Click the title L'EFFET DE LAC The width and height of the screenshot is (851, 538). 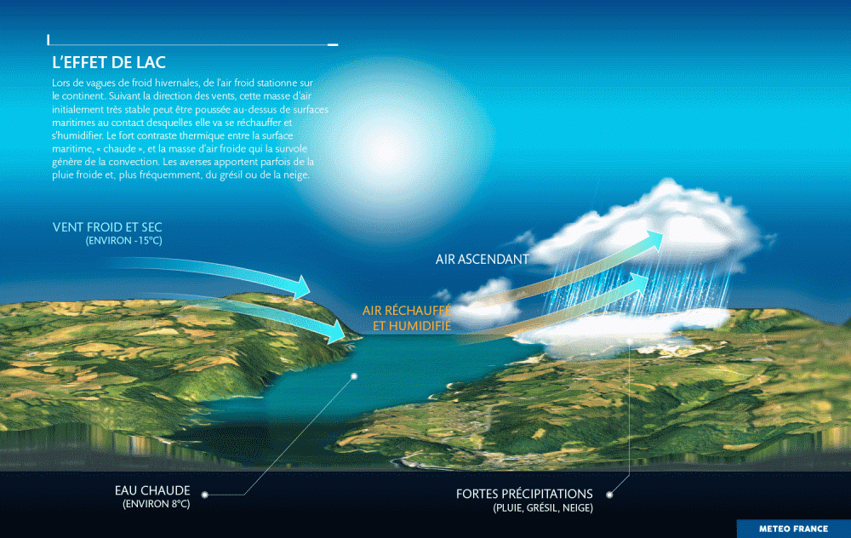pos(109,62)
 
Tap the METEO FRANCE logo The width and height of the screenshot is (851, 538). pos(793,529)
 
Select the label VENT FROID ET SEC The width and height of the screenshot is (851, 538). pos(107,227)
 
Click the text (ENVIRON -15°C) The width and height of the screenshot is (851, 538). pos(123,241)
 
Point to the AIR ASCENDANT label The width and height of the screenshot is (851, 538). pos(482,260)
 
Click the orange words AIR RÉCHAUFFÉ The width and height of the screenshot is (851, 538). pos(407,311)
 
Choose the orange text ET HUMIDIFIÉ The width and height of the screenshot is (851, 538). pos(412,326)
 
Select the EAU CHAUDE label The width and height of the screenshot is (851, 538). pos(152,490)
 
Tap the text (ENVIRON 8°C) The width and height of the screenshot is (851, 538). pos(157,504)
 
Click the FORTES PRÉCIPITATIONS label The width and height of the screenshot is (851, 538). pos(524,494)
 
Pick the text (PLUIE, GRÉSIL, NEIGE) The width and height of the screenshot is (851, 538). pos(543,508)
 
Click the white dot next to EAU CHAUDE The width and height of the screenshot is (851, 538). pos(204,495)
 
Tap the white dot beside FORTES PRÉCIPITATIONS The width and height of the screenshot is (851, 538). pos(609,495)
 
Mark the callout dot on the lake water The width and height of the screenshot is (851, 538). pos(354,376)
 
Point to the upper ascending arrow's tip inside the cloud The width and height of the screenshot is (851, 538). pos(662,233)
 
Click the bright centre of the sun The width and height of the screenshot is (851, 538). pos(387,153)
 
